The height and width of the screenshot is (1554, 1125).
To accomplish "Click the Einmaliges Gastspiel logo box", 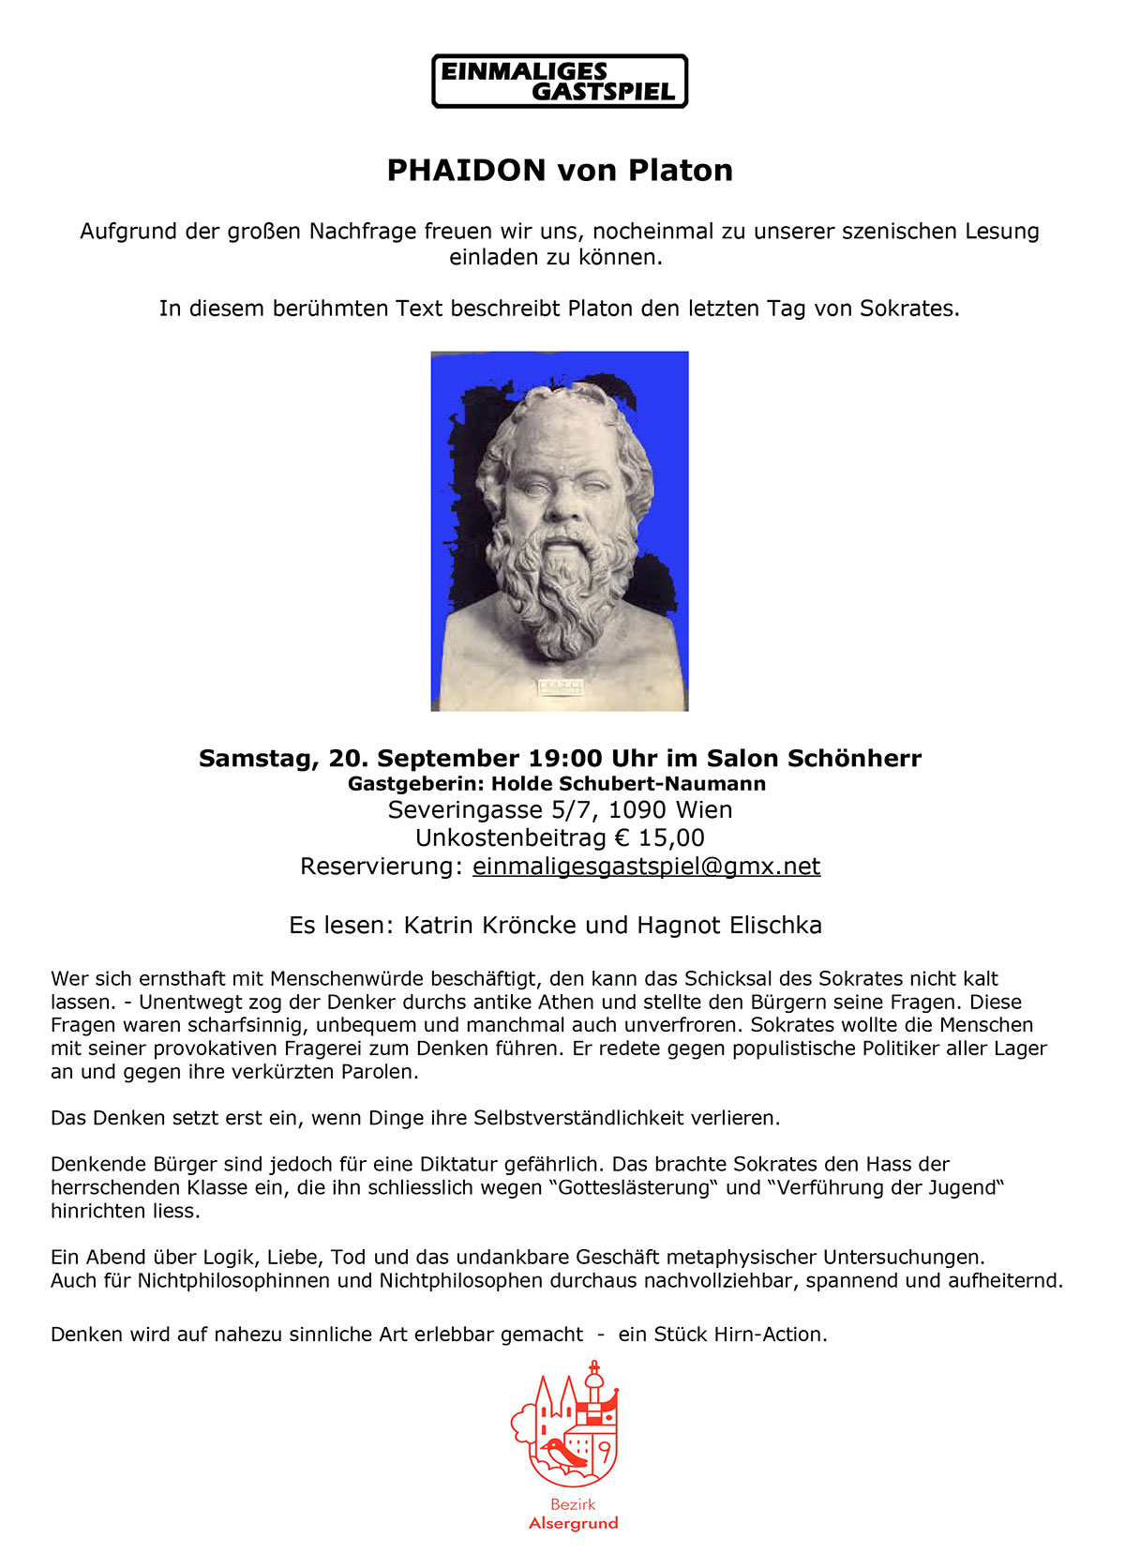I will (x=560, y=82).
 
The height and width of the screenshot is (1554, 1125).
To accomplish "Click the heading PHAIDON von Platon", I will (x=560, y=171).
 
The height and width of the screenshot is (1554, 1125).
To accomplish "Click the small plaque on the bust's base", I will (x=560, y=687).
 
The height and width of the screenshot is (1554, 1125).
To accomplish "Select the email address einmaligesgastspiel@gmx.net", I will (x=646, y=867).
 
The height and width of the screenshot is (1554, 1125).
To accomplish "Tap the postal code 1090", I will (x=637, y=810).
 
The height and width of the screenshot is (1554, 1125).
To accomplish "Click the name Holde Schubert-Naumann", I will (x=628, y=784).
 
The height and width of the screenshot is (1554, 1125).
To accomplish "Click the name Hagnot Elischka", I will (x=729, y=926).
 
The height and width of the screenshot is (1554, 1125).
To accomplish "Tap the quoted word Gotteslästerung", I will (x=635, y=1188).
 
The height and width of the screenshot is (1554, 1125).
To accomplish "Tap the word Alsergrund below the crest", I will (x=573, y=1524).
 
